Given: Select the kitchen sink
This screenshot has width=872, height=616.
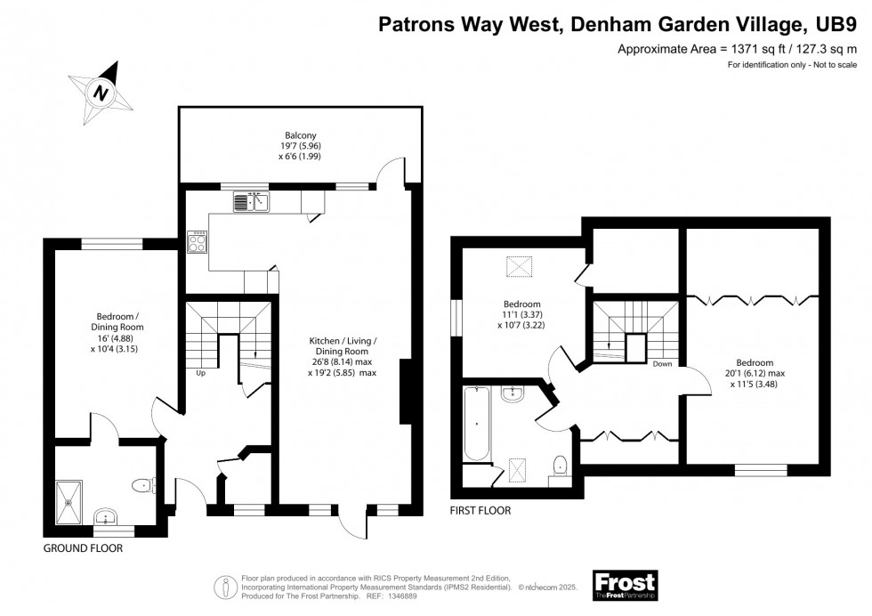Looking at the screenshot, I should click(x=251, y=203).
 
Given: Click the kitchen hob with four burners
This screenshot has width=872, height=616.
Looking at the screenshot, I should click(x=198, y=240).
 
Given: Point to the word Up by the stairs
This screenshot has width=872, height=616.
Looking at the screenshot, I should click(x=201, y=373).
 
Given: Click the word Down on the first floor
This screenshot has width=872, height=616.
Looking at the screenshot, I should click(x=662, y=364).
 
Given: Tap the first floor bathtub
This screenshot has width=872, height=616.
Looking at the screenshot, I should click(x=476, y=423).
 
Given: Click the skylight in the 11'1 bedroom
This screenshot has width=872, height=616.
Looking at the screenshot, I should click(x=519, y=266).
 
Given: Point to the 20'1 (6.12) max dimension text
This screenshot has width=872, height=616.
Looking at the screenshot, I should click(x=754, y=374).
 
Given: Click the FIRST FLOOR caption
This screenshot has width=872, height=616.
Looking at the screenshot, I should click(x=480, y=511).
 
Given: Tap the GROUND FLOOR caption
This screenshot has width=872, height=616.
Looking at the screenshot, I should click(x=83, y=548).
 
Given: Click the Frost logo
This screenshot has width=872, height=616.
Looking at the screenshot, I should click(x=625, y=585).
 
